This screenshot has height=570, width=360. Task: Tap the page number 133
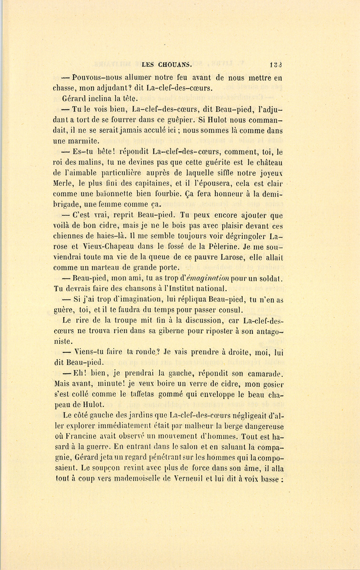(x=276, y=64)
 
